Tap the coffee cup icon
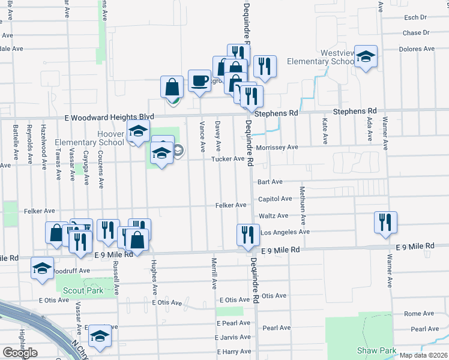(x=199, y=80)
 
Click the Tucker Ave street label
(x=228, y=159)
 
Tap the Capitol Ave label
(x=274, y=199)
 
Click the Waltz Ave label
(x=273, y=215)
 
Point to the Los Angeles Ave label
(x=285, y=232)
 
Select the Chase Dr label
(x=416, y=33)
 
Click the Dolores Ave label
(x=416, y=49)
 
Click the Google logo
(x=20, y=353)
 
